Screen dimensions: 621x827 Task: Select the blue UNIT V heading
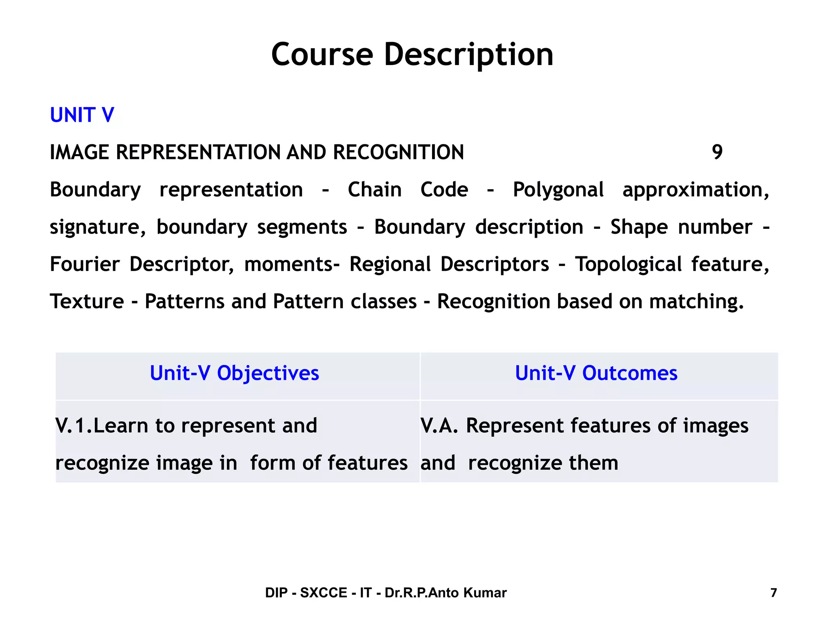82,115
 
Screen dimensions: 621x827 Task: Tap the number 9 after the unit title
717,152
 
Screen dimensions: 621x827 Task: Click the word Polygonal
558,190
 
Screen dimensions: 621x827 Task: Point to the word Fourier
84,264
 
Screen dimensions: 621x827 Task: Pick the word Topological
628,264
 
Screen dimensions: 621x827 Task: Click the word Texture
87,302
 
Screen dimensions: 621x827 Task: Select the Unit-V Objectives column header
234,373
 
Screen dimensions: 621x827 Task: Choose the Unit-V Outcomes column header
596,373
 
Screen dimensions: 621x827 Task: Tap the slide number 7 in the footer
773,593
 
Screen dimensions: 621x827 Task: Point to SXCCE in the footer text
323,593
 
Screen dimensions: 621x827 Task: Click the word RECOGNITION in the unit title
398,152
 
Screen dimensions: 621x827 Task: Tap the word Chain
374,190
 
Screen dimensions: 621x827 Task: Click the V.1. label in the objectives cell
74,426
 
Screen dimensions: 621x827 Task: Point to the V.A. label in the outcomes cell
439,426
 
